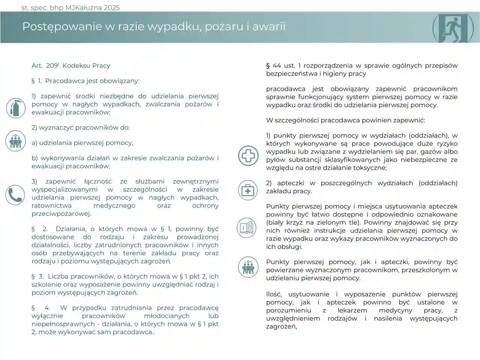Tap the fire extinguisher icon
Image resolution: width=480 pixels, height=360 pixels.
coord(16,108)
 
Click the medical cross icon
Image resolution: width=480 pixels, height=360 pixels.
coord(248,155)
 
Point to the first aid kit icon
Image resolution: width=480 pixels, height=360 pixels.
coord(248,190)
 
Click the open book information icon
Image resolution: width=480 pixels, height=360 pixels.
coord(247,227)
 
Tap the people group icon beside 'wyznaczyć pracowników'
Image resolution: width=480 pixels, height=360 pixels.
coord(15,141)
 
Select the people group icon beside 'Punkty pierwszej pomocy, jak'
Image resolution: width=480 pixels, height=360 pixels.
coord(248,267)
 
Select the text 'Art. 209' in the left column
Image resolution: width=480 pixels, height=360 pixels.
coord(45,66)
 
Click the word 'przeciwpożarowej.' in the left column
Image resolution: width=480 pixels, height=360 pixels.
coord(61,214)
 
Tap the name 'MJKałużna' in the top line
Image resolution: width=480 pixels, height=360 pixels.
coord(82,7)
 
